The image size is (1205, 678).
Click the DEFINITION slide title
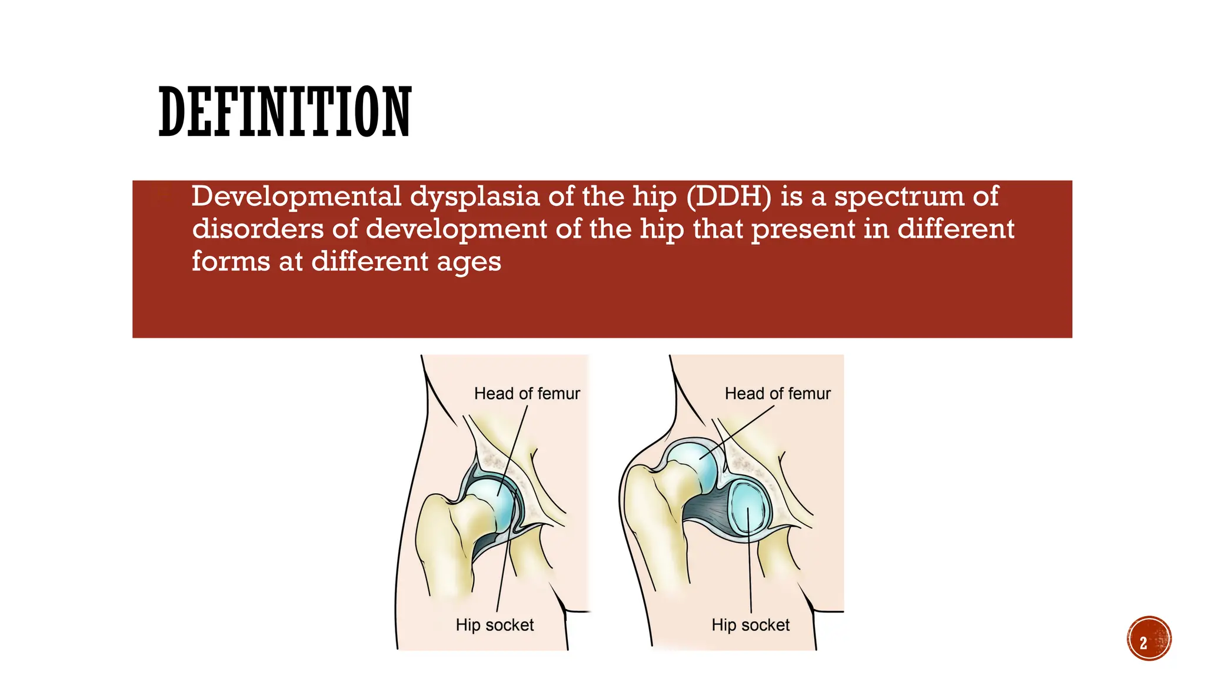click(x=285, y=112)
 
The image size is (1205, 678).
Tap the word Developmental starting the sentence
click(x=297, y=197)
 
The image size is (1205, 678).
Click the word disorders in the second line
click(x=258, y=228)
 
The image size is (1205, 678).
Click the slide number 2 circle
click(x=1149, y=639)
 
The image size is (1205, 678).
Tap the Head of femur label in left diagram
click(x=527, y=393)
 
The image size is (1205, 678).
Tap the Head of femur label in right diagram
click(x=777, y=393)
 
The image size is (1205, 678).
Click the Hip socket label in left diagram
click(x=494, y=624)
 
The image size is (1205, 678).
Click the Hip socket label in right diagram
click(x=750, y=624)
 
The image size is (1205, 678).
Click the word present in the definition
click(x=803, y=230)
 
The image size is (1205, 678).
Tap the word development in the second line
click(x=456, y=230)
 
